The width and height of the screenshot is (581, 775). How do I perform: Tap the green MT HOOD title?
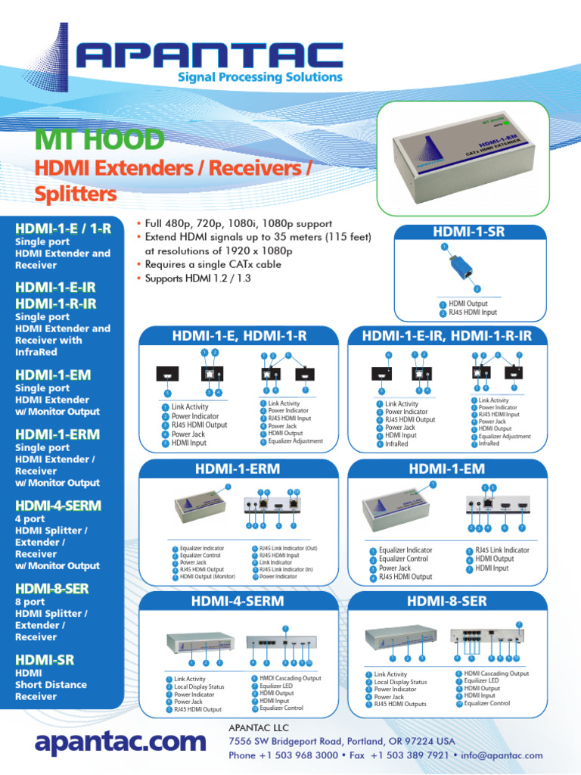point(99,139)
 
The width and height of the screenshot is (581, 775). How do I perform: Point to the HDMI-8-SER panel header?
point(447,602)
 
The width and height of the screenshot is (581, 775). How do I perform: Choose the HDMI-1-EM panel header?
point(447,469)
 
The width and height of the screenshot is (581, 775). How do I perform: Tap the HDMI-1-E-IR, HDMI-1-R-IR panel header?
point(447,335)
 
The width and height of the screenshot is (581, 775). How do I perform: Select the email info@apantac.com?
point(511,755)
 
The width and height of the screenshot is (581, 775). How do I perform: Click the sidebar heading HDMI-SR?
point(45,660)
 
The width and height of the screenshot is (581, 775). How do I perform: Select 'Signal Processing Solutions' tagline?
point(259,77)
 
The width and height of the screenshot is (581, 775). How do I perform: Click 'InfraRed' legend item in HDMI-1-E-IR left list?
point(396,444)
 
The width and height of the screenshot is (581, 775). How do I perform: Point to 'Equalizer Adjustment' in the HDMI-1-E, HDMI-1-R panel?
point(295,441)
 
